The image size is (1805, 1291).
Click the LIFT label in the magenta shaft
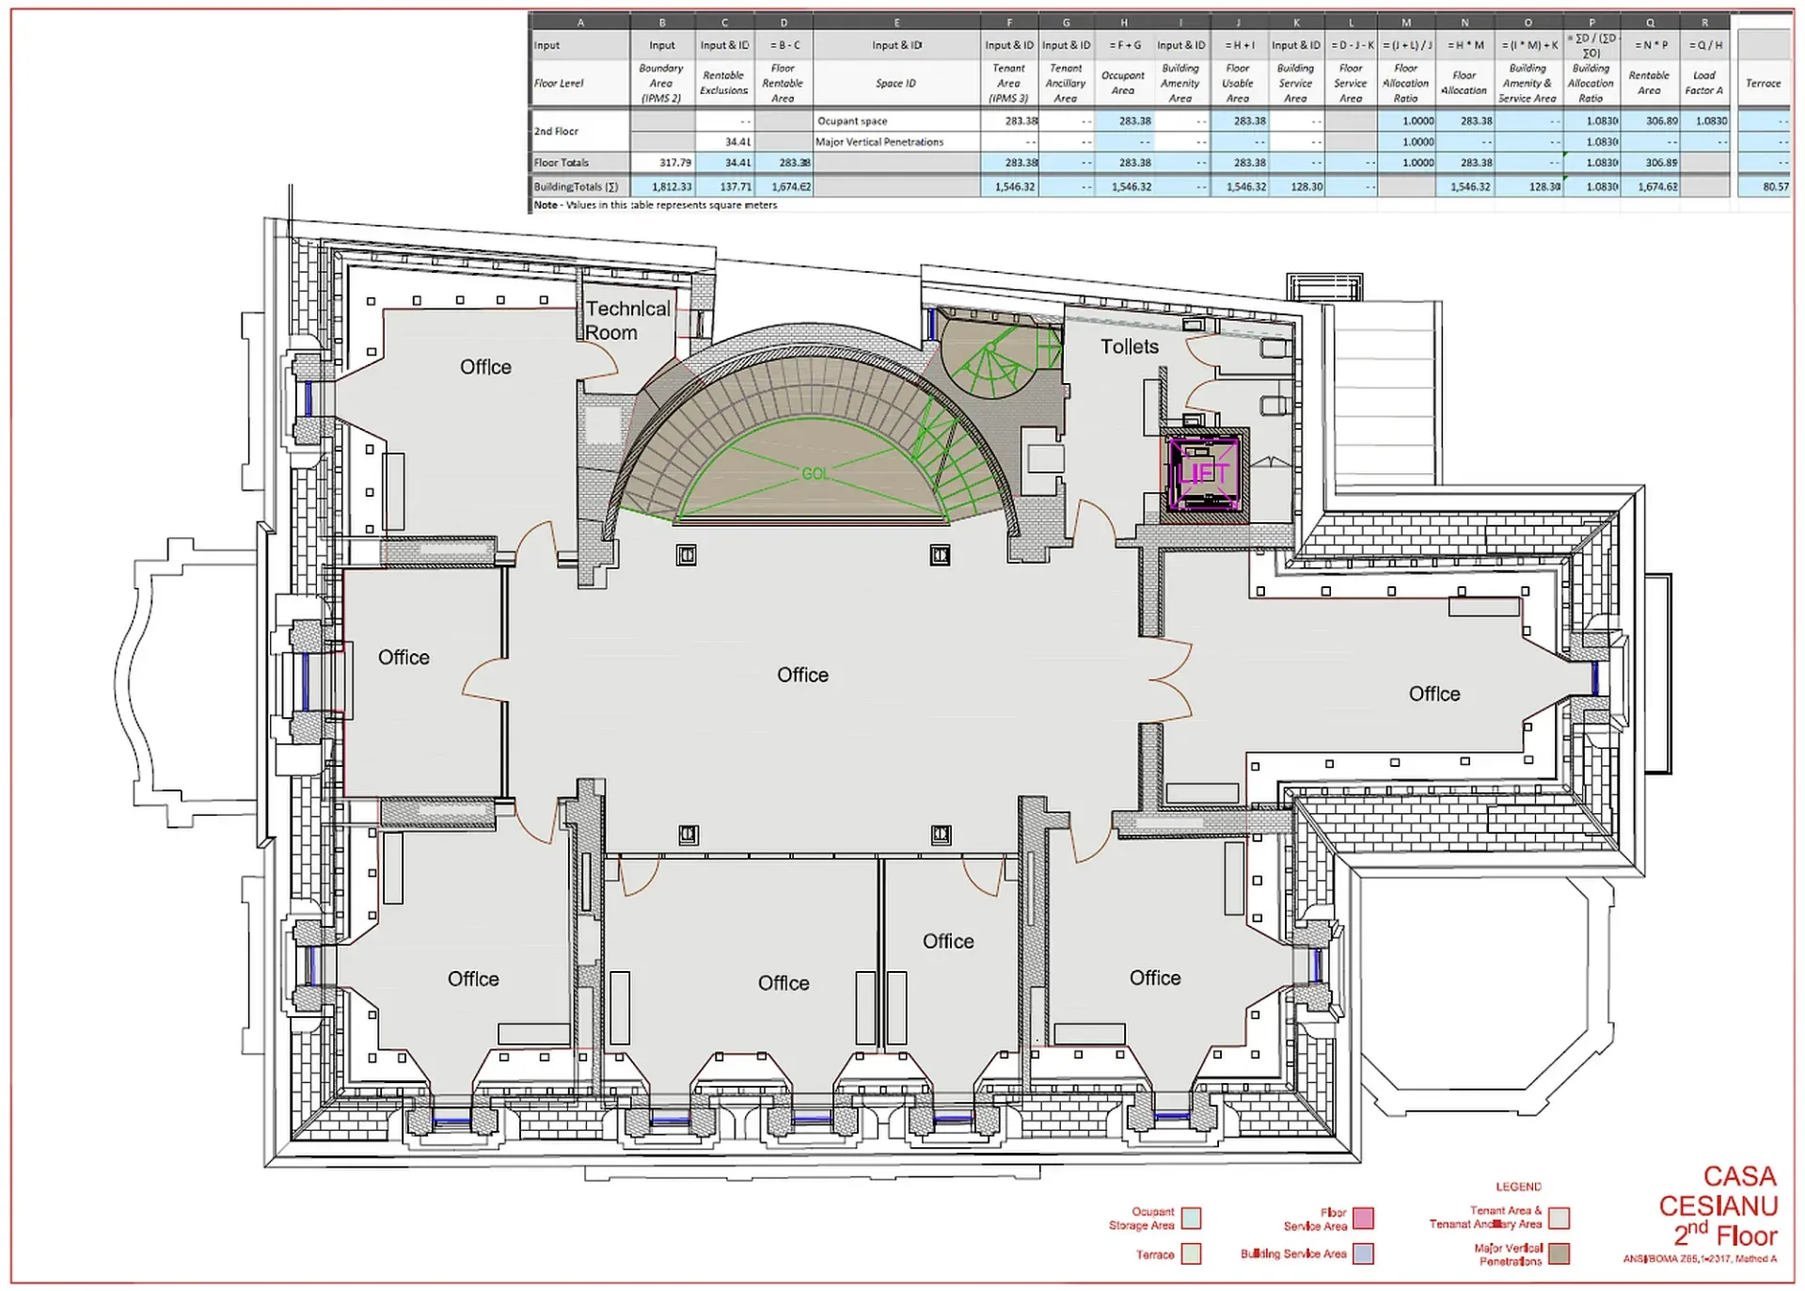[x=1203, y=473]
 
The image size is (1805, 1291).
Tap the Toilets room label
[x=1129, y=347]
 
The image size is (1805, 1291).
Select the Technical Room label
[x=626, y=321]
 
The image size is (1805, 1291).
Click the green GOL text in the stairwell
[x=815, y=473]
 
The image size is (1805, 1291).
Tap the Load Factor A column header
[x=1703, y=84]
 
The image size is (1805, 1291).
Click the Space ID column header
[x=895, y=84]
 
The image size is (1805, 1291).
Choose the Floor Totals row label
[x=562, y=163]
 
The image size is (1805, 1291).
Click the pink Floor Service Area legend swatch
[x=1363, y=1219]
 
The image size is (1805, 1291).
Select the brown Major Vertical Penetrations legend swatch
[x=1559, y=1253]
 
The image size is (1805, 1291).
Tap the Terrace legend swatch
[x=1191, y=1253]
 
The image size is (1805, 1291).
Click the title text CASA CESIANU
[x=1718, y=1191]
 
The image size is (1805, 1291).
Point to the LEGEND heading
[x=1518, y=1187]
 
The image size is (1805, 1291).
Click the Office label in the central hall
[x=802, y=675]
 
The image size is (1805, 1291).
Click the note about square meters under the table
[x=656, y=205]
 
